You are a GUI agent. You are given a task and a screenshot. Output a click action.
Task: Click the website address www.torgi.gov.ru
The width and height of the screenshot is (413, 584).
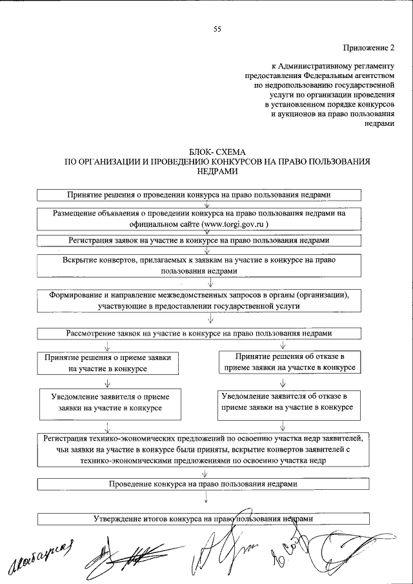[x=234, y=223]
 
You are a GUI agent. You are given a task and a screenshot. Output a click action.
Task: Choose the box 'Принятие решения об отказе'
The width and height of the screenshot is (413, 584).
[x=285, y=361]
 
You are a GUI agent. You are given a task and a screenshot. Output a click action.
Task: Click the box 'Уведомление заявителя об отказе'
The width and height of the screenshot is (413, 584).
[x=285, y=402]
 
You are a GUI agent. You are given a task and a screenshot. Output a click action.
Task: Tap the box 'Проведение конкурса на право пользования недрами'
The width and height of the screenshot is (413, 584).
[x=205, y=483]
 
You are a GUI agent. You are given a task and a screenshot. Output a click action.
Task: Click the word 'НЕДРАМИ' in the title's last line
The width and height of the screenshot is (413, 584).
[x=216, y=172]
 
